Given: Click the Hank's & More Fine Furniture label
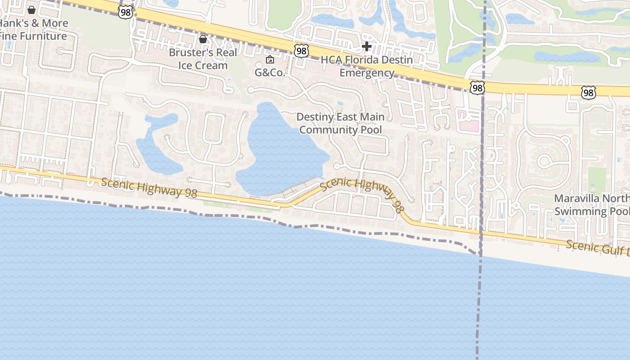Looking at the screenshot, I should tap(34, 30).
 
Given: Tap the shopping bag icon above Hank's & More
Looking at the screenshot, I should tap(31, 9).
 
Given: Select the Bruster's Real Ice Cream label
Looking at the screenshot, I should tap(203, 59).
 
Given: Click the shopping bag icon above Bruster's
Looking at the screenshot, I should tap(203, 39).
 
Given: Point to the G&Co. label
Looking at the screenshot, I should tap(270, 72).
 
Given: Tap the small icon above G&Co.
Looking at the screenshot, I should tap(270, 59).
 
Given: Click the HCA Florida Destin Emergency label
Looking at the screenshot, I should tap(367, 66).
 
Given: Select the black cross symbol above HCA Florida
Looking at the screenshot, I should tap(367, 46).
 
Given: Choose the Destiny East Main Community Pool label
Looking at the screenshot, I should tap(341, 123).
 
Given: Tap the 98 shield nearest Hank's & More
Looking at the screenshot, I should tap(126, 12).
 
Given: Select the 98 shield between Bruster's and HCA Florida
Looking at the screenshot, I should tap(301, 51).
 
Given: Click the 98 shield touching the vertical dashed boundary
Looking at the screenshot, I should tap(477, 88).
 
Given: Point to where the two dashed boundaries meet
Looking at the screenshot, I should tap(480, 255).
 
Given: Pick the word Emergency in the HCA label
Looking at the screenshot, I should tap(367, 73).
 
